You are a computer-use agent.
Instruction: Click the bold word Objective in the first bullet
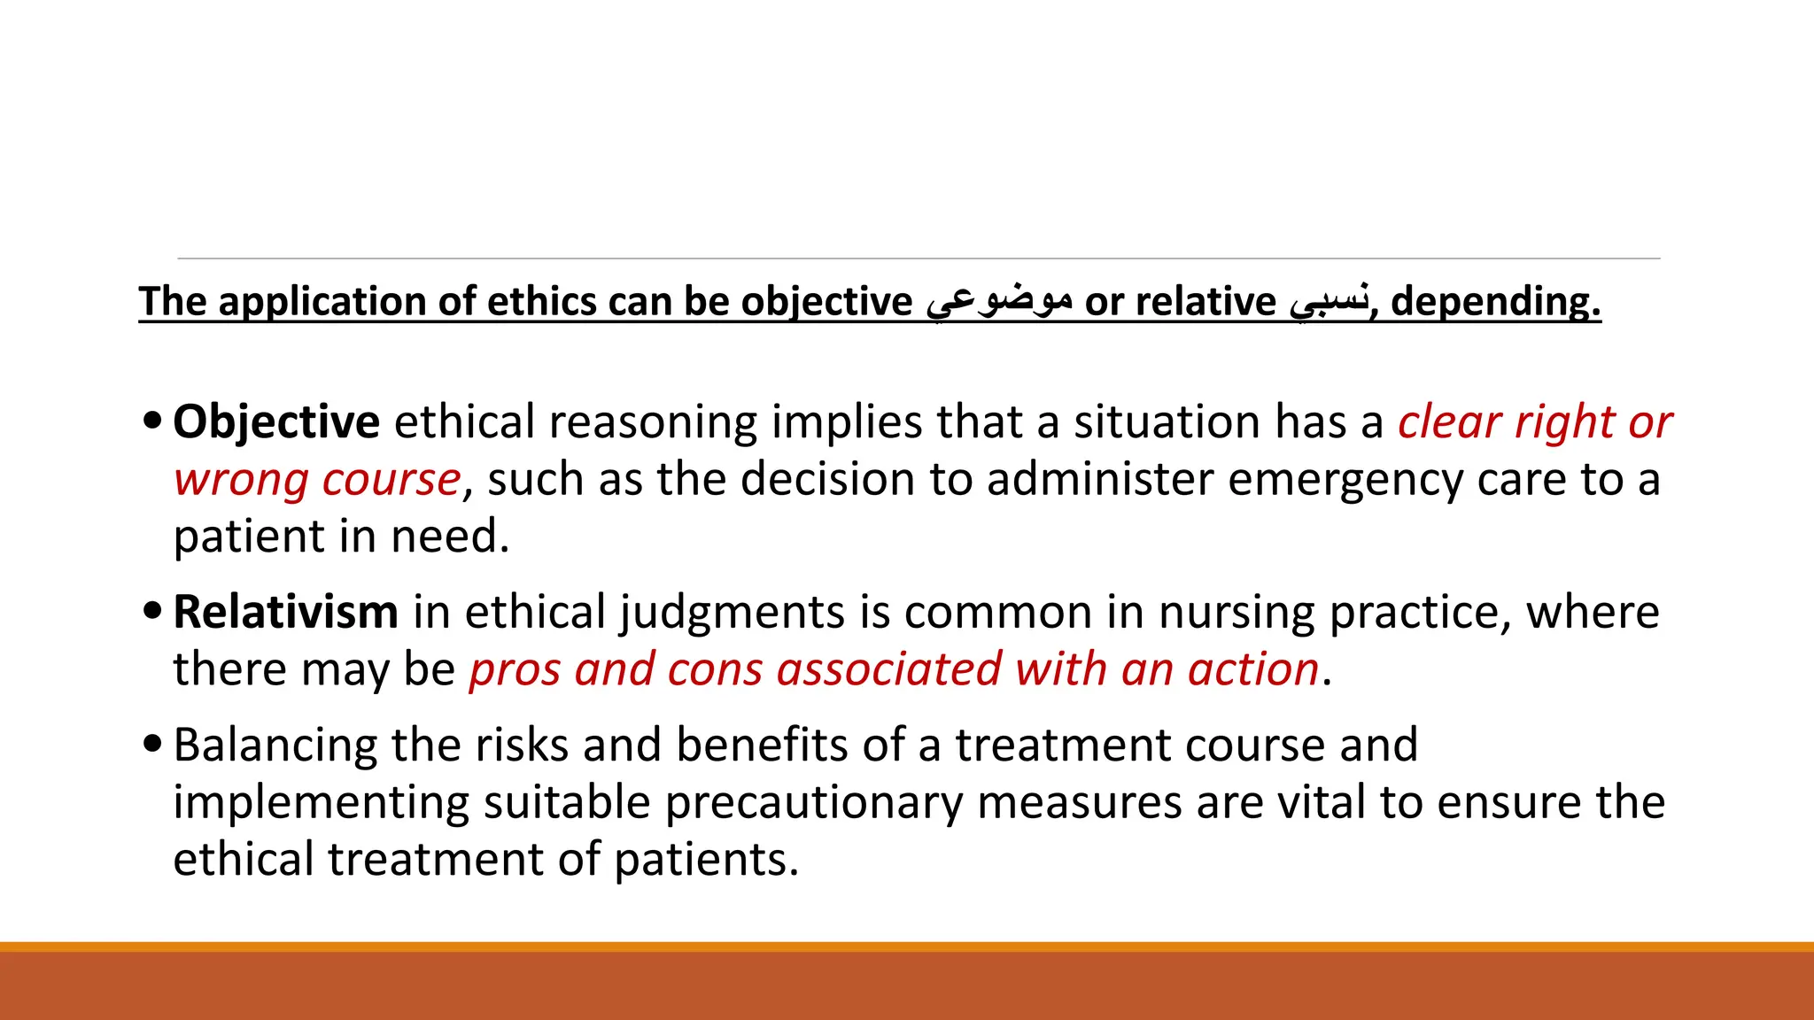click(x=275, y=422)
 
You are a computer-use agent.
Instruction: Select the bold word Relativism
click(x=285, y=613)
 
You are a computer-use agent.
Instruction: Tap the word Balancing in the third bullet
click(x=275, y=746)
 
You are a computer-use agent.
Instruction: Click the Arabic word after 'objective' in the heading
click(x=999, y=301)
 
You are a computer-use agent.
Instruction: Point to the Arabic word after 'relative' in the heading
click(x=1329, y=301)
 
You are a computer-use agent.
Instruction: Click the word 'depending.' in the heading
click(x=1495, y=301)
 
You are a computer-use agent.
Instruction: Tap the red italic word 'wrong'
click(x=240, y=480)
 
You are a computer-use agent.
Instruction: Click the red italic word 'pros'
click(x=514, y=670)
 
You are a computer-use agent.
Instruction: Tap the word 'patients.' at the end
click(x=706, y=860)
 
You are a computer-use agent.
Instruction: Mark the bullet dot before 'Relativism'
click(x=152, y=611)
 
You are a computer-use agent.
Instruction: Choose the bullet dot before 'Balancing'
click(x=152, y=744)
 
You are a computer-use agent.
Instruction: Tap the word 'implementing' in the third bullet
click(x=320, y=803)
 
